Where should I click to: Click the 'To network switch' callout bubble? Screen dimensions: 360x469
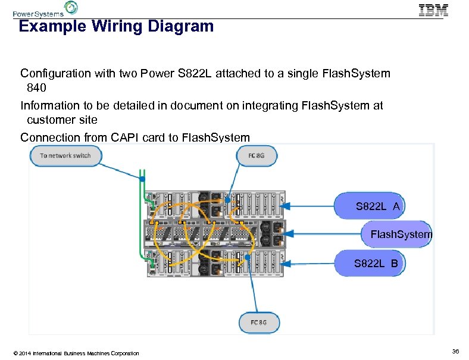tap(65, 156)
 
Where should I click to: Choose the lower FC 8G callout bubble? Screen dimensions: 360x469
tap(259, 323)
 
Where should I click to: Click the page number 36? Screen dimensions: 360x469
tap(455, 352)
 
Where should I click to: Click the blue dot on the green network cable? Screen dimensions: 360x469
tap(142, 178)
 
